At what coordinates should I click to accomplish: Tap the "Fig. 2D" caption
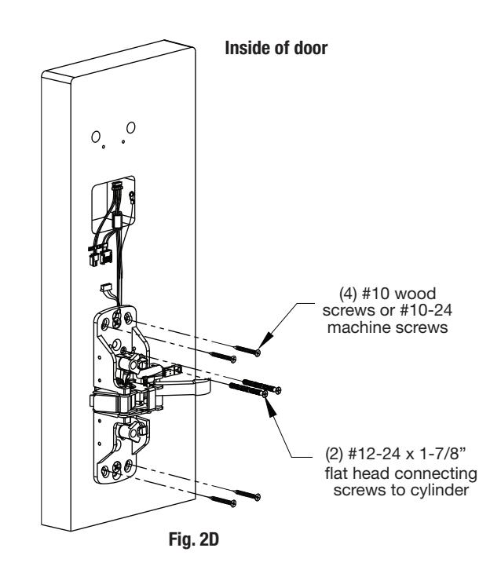(194, 539)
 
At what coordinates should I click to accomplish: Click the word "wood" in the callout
(415, 294)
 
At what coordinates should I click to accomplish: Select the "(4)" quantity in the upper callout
(348, 294)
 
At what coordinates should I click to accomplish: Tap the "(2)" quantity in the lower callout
(334, 454)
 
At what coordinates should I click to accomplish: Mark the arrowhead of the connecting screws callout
(270, 407)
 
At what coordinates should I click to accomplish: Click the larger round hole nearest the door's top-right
(131, 128)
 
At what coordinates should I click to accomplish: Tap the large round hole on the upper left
(96, 137)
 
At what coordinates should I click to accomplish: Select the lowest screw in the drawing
(223, 501)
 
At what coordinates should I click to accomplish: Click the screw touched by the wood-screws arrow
(248, 350)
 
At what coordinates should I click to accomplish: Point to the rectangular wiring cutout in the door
(113, 204)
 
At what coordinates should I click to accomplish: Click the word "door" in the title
(311, 48)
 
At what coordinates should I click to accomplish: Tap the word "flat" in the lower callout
(337, 473)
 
